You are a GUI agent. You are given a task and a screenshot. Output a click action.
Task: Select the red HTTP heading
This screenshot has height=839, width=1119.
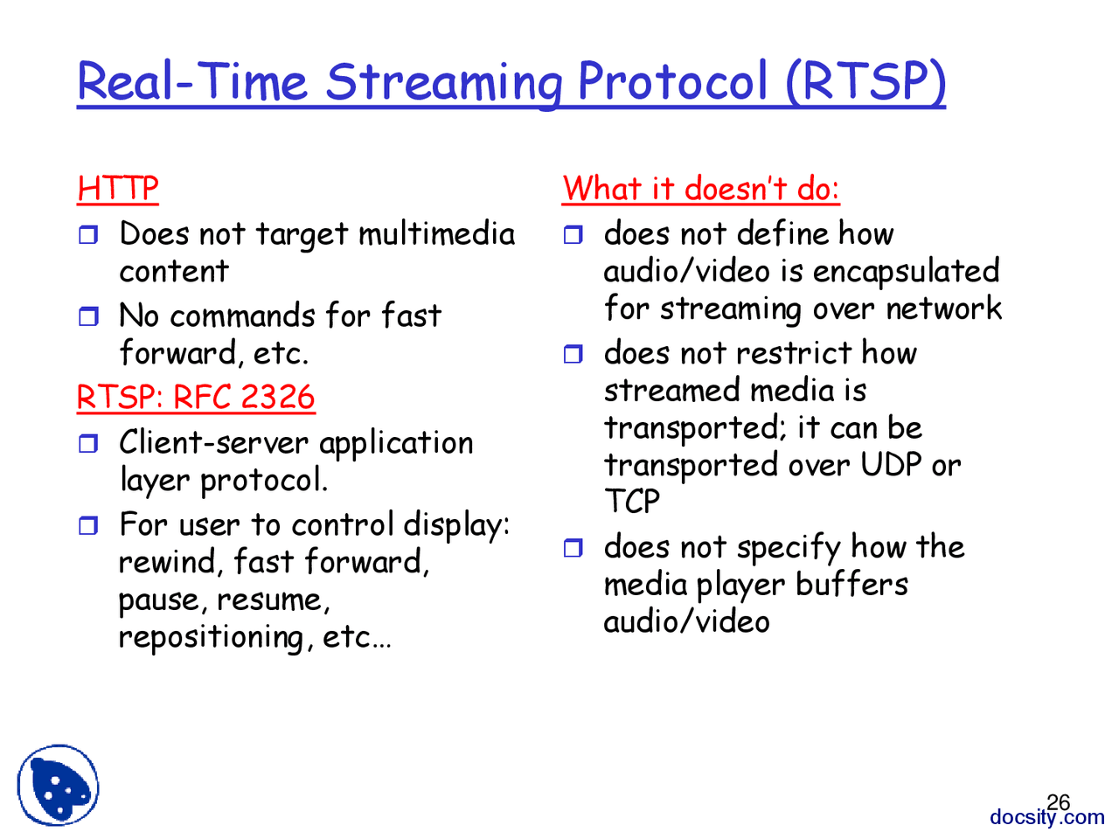118,189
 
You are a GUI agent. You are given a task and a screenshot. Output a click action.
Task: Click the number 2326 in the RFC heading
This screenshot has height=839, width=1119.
277,397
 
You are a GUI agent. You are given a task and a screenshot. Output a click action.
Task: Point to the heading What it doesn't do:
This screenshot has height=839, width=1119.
700,188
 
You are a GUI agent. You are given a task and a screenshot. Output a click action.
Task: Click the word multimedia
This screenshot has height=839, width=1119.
436,234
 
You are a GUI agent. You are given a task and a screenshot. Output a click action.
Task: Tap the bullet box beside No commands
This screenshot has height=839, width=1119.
88,316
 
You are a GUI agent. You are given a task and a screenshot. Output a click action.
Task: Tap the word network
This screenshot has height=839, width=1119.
943,309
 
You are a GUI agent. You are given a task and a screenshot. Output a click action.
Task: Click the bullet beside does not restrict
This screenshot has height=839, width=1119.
573,354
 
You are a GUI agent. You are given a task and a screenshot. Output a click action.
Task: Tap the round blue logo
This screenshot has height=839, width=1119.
58,784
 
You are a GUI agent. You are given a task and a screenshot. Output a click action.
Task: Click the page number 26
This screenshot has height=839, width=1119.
1058,802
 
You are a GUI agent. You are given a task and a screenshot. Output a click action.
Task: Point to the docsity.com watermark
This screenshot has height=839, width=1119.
1046,818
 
